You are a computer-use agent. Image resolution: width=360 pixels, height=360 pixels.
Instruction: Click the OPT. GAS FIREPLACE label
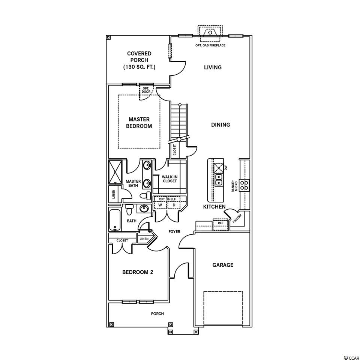(x=210, y=45)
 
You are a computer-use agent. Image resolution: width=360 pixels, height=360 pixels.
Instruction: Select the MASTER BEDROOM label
(x=139, y=123)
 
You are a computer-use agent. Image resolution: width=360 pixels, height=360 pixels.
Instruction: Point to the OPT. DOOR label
(x=146, y=90)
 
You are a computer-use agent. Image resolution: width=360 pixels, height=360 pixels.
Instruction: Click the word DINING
(x=220, y=124)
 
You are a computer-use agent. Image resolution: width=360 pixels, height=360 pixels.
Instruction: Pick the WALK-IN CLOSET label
(x=169, y=179)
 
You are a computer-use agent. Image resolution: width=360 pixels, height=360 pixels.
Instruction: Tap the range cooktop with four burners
(x=244, y=185)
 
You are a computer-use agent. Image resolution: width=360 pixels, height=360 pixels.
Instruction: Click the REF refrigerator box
(x=220, y=224)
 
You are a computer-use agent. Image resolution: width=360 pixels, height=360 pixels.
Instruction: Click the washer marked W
(x=160, y=205)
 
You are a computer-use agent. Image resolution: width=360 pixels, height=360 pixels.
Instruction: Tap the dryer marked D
(x=174, y=205)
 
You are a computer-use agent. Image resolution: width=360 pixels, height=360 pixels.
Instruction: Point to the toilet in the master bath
(x=145, y=196)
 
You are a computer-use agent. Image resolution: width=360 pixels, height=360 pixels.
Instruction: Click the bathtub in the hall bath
(x=114, y=220)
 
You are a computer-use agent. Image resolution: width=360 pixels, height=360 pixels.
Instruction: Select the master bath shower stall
(x=115, y=172)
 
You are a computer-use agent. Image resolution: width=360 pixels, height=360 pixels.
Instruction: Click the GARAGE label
(x=223, y=265)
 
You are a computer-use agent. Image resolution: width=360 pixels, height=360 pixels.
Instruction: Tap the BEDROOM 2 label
(x=138, y=272)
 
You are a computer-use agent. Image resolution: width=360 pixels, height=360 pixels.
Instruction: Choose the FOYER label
(x=174, y=232)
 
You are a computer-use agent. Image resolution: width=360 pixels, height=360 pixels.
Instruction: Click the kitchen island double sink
(x=219, y=180)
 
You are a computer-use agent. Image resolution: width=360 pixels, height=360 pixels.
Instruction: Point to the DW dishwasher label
(x=226, y=168)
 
